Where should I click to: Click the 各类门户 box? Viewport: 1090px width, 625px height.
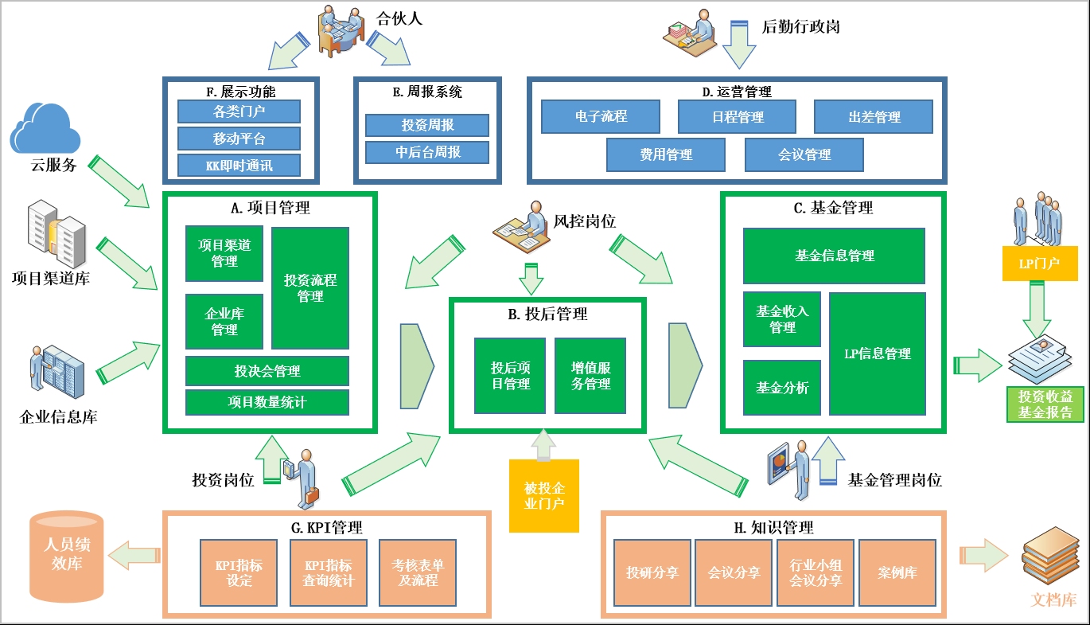pos(239,111)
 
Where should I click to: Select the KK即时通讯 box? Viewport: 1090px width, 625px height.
pos(239,166)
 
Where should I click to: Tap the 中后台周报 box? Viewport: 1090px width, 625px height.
pos(427,152)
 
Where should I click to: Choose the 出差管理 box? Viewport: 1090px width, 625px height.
pos(874,117)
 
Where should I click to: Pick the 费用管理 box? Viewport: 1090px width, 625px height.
pos(666,154)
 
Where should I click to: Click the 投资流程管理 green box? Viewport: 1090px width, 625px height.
pos(310,288)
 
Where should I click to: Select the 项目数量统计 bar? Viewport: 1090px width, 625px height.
pos(267,402)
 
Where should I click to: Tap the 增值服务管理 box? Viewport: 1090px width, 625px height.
pos(590,376)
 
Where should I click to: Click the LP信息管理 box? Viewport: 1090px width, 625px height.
pos(878,354)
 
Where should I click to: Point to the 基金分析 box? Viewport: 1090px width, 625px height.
pos(782,388)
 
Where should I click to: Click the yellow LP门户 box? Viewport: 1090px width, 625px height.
pos(1040,264)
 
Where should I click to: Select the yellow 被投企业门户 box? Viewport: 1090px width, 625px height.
pos(544,496)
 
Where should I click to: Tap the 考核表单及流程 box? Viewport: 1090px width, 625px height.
pos(418,572)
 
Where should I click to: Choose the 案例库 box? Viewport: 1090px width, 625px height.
pos(897,572)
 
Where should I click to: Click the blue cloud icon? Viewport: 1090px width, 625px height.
pos(45,129)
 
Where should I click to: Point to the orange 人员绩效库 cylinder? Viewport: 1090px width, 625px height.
pos(67,557)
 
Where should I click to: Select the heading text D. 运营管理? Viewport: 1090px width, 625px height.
pos(737,92)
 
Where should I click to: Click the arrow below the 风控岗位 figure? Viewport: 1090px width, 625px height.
pos(531,279)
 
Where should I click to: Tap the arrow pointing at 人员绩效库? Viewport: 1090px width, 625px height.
pos(134,556)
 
